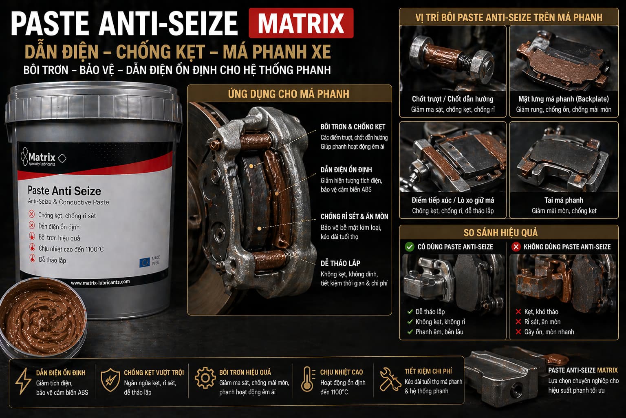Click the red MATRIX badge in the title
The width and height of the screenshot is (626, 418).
click(x=301, y=23)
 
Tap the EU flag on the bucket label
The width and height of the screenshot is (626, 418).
click(x=145, y=262)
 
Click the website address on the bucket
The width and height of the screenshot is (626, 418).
click(x=100, y=282)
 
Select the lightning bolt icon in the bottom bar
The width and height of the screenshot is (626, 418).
click(x=24, y=381)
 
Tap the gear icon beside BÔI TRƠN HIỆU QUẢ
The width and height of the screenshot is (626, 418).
click(x=205, y=378)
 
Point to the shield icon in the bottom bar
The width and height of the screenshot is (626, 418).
click(x=110, y=380)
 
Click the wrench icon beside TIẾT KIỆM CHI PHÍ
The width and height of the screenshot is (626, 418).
click(x=390, y=379)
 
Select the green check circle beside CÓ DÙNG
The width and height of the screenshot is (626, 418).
click(x=410, y=247)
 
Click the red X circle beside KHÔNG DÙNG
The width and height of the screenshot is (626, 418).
click(x=516, y=247)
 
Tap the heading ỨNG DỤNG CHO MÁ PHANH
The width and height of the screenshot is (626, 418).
click(x=289, y=94)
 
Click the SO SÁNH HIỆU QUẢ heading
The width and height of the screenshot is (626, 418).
click(x=500, y=233)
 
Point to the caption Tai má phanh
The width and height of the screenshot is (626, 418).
click(x=564, y=200)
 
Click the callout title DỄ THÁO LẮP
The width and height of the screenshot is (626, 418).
click(x=340, y=263)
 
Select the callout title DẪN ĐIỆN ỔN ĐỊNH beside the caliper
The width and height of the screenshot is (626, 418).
click(x=346, y=170)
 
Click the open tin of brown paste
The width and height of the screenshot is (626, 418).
click(x=42, y=318)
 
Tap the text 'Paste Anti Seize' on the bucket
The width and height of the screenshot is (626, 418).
click(x=64, y=191)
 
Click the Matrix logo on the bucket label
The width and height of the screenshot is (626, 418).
click(x=43, y=157)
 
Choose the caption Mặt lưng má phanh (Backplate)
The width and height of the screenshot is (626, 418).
click(x=564, y=99)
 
